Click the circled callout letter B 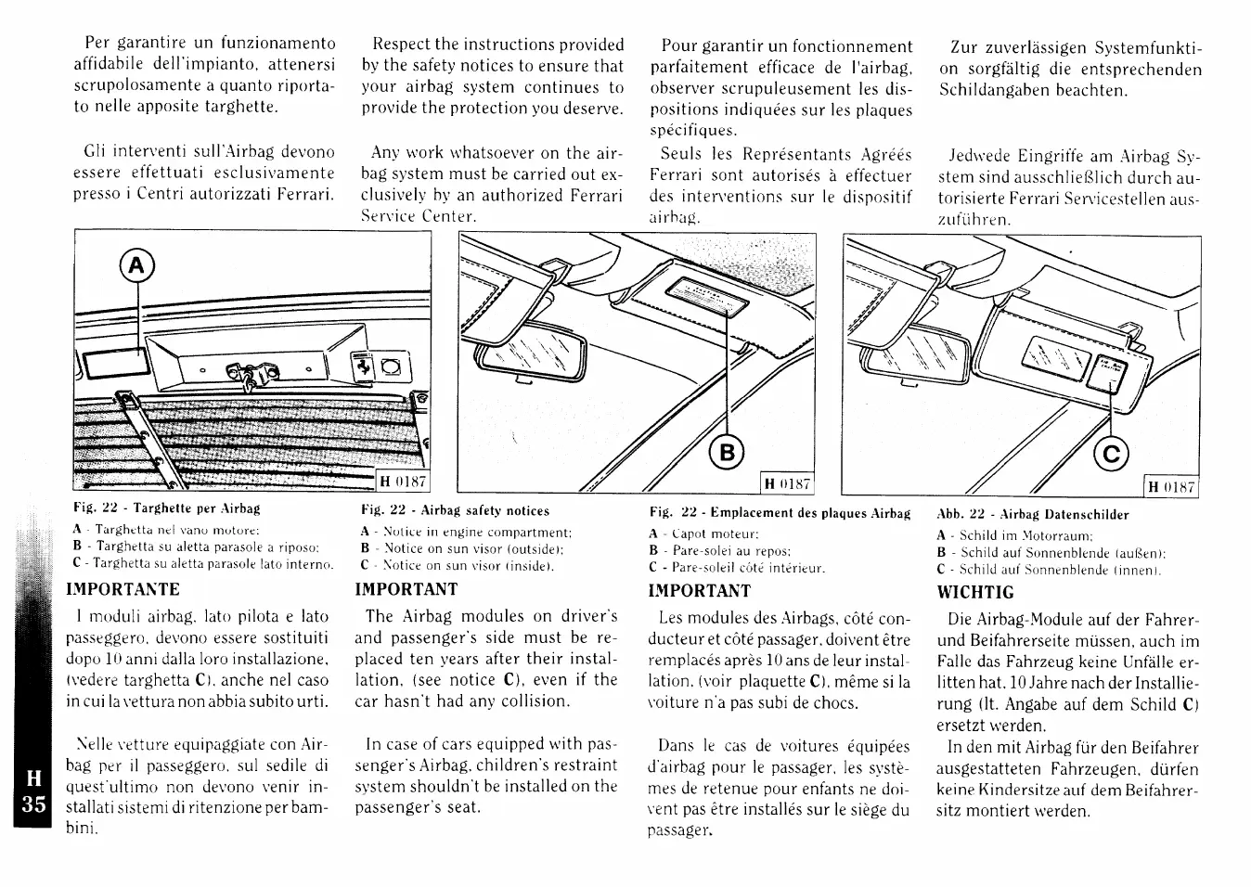[x=728, y=453]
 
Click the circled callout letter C [x=1111, y=453]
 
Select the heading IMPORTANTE [x=123, y=589]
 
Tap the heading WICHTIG [x=975, y=592]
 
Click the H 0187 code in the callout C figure [x=1172, y=486]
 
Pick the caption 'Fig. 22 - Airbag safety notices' [x=455, y=510]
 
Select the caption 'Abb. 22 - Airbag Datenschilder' [x=1032, y=514]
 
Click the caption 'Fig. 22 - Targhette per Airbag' [x=166, y=508]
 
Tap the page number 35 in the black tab [x=33, y=803]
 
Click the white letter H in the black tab [x=33, y=778]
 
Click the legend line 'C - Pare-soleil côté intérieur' [x=737, y=567]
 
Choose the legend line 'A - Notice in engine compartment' [x=466, y=532]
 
